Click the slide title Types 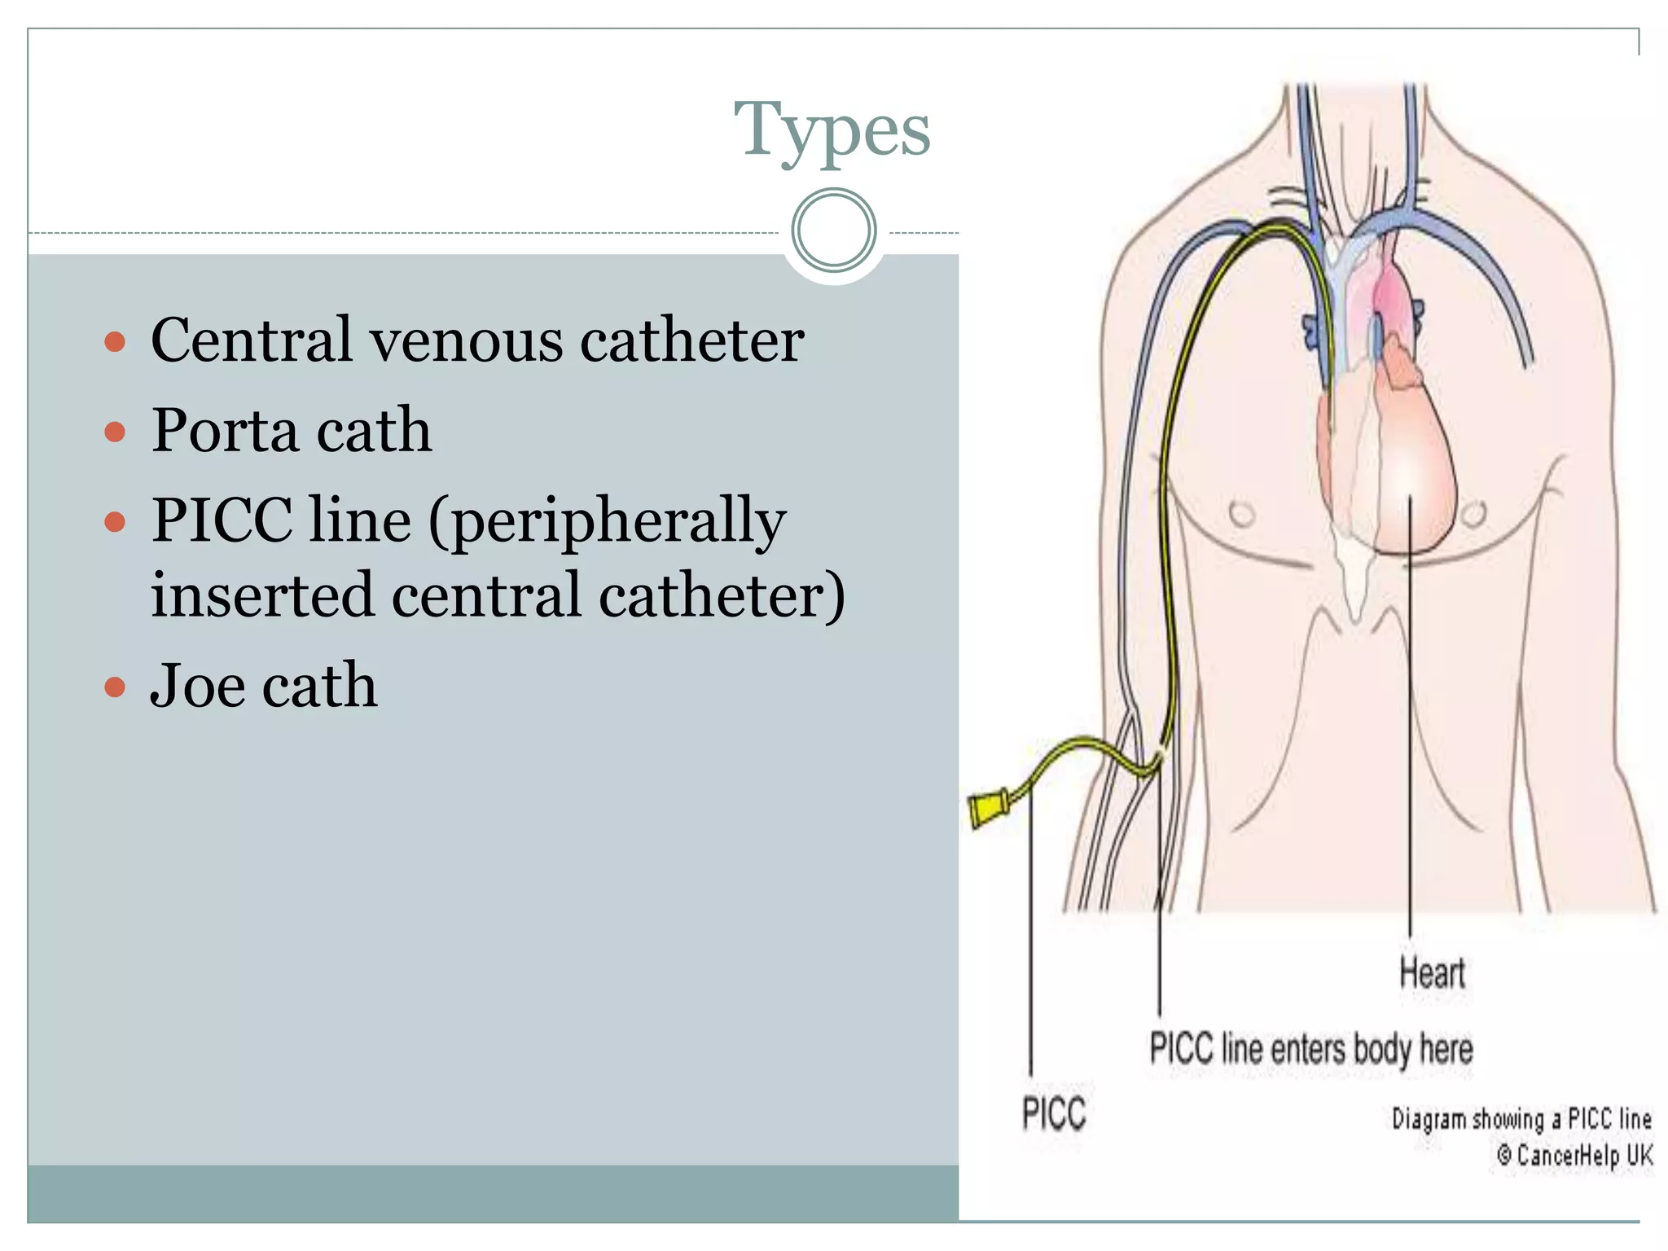click(x=832, y=130)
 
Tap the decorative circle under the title click(x=833, y=230)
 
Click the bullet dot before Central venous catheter click(x=116, y=341)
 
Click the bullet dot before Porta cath click(x=116, y=431)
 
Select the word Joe click(x=197, y=686)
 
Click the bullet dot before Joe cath click(x=116, y=687)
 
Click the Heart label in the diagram click(x=1432, y=973)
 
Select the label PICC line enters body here click(x=1310, y=1049)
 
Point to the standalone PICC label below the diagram click(x=1054, y=1113)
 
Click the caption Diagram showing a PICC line click(x=1521, y=1119)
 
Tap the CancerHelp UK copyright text click(x=1575, y=1155)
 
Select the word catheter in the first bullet click(x=691, y=340)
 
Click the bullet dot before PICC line click(x=116, y=521)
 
